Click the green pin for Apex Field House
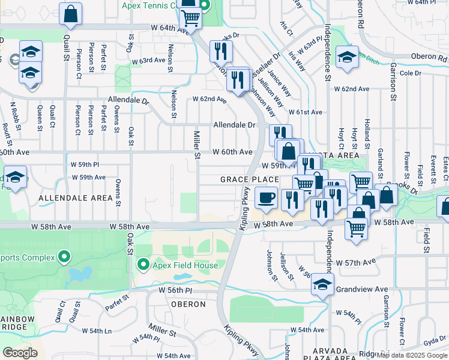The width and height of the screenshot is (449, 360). point(143,264)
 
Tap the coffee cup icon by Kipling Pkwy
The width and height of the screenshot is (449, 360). point(266,197)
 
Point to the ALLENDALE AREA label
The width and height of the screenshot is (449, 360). point(76,197)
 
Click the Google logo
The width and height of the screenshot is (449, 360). point(20,353)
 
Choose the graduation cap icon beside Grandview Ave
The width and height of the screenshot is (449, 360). point(322,286)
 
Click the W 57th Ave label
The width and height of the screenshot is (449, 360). point(356,263)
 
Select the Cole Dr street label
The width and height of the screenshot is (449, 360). point(411,73)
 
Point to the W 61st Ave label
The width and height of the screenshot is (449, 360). point(305,112)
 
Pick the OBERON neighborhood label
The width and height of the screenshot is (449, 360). point(188,304)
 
